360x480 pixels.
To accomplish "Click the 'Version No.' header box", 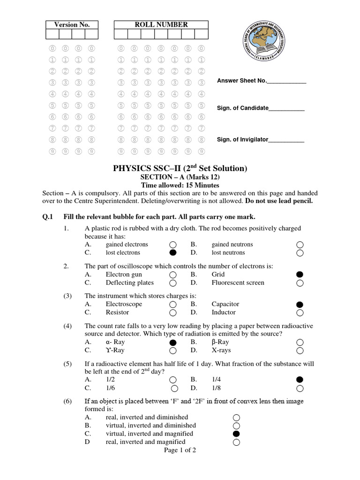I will tap(72, 25).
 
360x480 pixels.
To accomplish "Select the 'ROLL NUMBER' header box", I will tap(161, 25).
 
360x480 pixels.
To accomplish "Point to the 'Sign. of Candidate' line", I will tap(286, 108).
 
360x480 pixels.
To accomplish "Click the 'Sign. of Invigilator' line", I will tap(286, 140).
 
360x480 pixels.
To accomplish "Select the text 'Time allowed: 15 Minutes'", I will tap(180, 186).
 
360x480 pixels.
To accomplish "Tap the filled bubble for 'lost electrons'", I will tap(173, 253).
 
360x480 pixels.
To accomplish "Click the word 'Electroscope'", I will tap(124, 304).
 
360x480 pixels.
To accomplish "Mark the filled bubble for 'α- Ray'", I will tap(173, 342).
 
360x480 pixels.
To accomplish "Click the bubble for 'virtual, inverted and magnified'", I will tap(236, 434).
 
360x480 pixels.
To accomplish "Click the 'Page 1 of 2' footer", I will tap(180, 450).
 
